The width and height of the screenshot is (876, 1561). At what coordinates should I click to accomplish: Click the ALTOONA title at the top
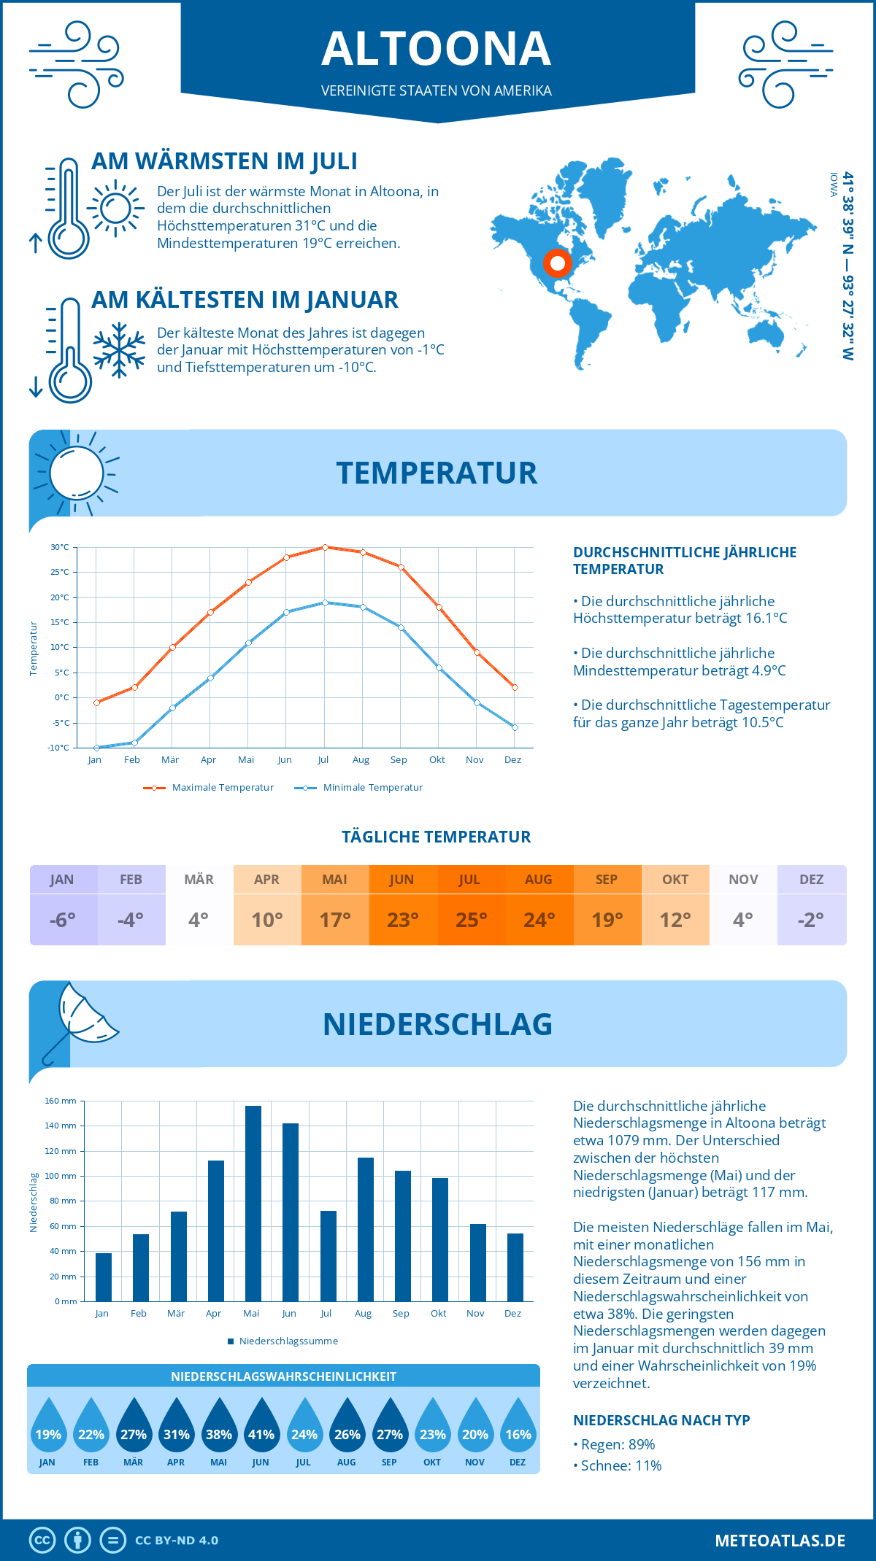[437, 49]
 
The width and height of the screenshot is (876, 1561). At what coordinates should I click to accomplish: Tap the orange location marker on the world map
[558, 263]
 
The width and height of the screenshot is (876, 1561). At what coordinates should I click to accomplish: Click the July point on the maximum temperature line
[325, 547]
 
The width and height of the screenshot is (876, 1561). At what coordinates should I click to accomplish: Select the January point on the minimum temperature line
[96, 748]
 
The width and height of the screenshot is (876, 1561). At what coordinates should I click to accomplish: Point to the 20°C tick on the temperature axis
[60, 597]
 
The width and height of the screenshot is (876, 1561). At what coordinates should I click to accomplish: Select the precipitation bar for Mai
[253, 1204]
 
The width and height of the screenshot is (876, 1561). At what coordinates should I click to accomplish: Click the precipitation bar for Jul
[328, 1256]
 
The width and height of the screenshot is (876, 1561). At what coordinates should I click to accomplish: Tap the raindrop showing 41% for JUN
[261, 1425]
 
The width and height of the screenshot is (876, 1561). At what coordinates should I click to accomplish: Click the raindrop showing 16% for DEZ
[518, 1425]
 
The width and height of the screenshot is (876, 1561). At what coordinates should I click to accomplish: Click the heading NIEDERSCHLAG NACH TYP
[661, 1420]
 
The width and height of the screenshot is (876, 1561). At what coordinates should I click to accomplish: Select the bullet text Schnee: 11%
[620, 1465]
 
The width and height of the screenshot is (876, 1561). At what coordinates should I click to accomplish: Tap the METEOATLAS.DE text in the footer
[780, 1541]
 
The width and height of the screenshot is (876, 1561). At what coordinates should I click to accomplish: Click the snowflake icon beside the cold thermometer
[119, 350]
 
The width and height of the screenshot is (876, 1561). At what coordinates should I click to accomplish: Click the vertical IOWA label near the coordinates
[834, 185]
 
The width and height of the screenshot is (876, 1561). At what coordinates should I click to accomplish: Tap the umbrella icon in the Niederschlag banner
[80, 1018]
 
